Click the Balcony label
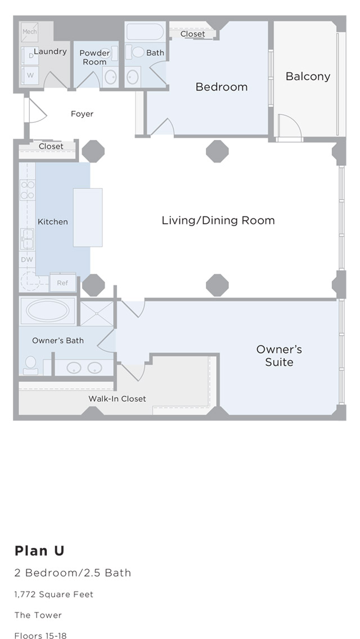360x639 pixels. pyautogui.click(x=308, y=76)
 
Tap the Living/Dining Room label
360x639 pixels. pyautogui.click(x=218, y=220)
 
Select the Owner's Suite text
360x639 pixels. pyautogui.click(x=279, y=355)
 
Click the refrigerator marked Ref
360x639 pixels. pyautogui.click(x=62, y=282)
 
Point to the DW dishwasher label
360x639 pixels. pyautogui.click(x=28, y=260)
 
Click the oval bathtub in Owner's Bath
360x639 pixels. pyautogui.click(x=47, y=310)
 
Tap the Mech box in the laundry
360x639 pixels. pyautogui.click(x=30, y=32)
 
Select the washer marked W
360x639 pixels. pyautogui.click(x=30, y=75)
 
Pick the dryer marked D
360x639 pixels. pyautogui.click(x=30, y=56)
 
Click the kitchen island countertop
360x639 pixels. pyautogui.click(x=88, y=218)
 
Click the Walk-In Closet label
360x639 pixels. pyautogui.click(x=117, y=399)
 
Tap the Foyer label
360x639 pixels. pyautogui.click(x=82, y=114)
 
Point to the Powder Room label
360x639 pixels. pyautogui.click(x=94, y=57)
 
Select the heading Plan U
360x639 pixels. pyautogui.click(x=39, y=551)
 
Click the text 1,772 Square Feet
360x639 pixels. pyautogui.click(x=54, y=595)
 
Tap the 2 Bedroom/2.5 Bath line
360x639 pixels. pyautogui.click(x=73, y=573)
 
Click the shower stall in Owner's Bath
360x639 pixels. pyautogui.click(x=97, y=313)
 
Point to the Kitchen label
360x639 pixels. pyautogui.click(x=52, y=222)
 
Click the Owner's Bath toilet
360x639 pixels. pyautogui.click(x=30, y=365)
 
